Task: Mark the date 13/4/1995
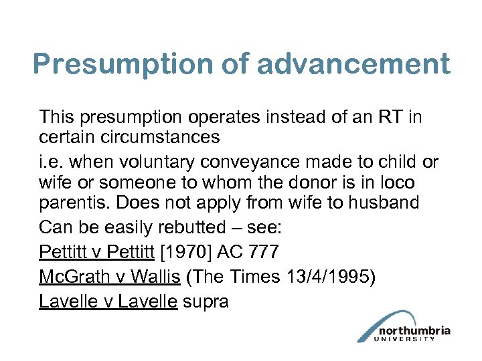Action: [x=321, y=277]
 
